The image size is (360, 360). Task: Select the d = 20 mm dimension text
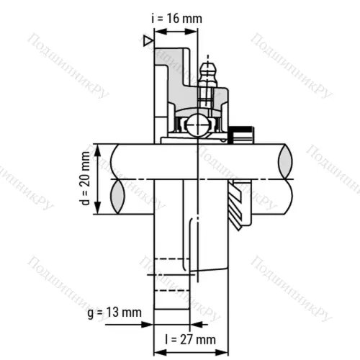85,179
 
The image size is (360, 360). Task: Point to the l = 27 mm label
190,339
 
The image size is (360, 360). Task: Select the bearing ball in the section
197,126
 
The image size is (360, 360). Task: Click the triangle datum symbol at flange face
148,42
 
